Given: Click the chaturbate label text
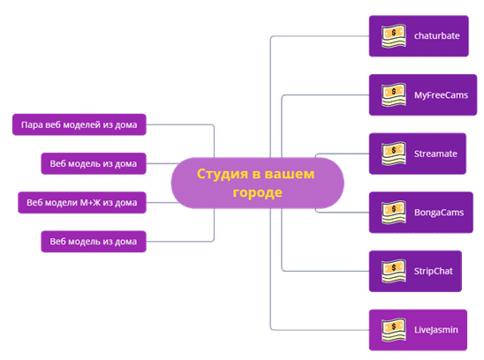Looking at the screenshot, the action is coord(437,36).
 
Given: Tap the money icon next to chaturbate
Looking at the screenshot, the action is coord(394,36).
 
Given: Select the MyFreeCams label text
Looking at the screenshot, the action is coord(441,95).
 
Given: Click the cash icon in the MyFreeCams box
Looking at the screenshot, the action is coord(394,95).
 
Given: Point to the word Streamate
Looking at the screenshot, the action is coord(435,154).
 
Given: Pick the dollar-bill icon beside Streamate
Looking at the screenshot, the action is coord(394,154).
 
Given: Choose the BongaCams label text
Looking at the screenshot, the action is coord(439,213).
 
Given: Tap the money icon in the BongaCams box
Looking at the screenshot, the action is coord(394,213).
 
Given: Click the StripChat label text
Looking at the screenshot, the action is coord(434,271).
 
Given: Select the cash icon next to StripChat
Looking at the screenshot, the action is coord(394,271).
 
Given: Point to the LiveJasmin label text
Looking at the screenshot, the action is coord(435,330).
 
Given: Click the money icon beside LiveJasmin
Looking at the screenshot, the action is coord(394,330).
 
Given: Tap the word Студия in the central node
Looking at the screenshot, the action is coord(223,175).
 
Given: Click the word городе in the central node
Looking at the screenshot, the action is coord(257,192).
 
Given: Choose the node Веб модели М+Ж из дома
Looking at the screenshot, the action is coord(82,203).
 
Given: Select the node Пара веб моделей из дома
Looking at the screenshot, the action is coord(79,124).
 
